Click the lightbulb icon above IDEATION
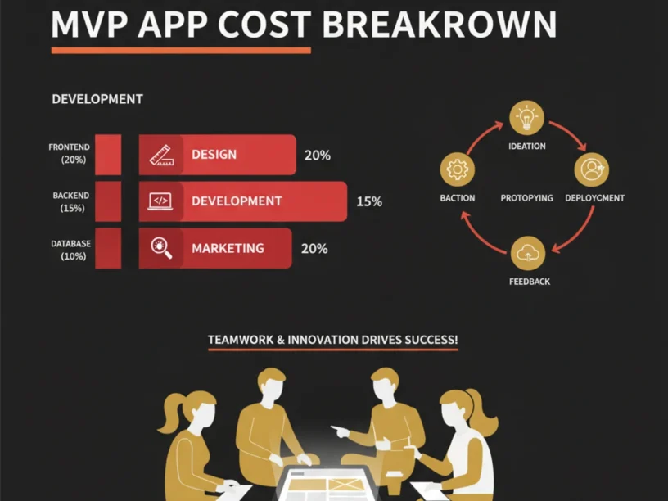tap(527, 118)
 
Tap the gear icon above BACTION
tap(457, 169)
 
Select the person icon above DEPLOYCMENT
tap(592, 169)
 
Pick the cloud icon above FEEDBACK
tap(528, 254)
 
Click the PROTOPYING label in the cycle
tap(526, 198)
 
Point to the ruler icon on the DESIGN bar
tap(161, 155)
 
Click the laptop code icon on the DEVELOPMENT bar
tap(160, 201)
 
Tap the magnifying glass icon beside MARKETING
tap(161, 248)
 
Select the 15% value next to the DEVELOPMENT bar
tap(369, 201)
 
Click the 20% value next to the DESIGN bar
tap(318, 155)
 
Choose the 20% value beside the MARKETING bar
tap(314, 248)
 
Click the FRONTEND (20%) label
tap(70, 153)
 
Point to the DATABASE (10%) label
tap(71, 250)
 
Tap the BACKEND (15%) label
tap(71, 202)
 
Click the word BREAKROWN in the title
tap(440, 25)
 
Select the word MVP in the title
tap(89, 25)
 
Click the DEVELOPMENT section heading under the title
tap(97, 99)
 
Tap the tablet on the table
tap(327, 485)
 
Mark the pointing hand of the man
tap(341, 431)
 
